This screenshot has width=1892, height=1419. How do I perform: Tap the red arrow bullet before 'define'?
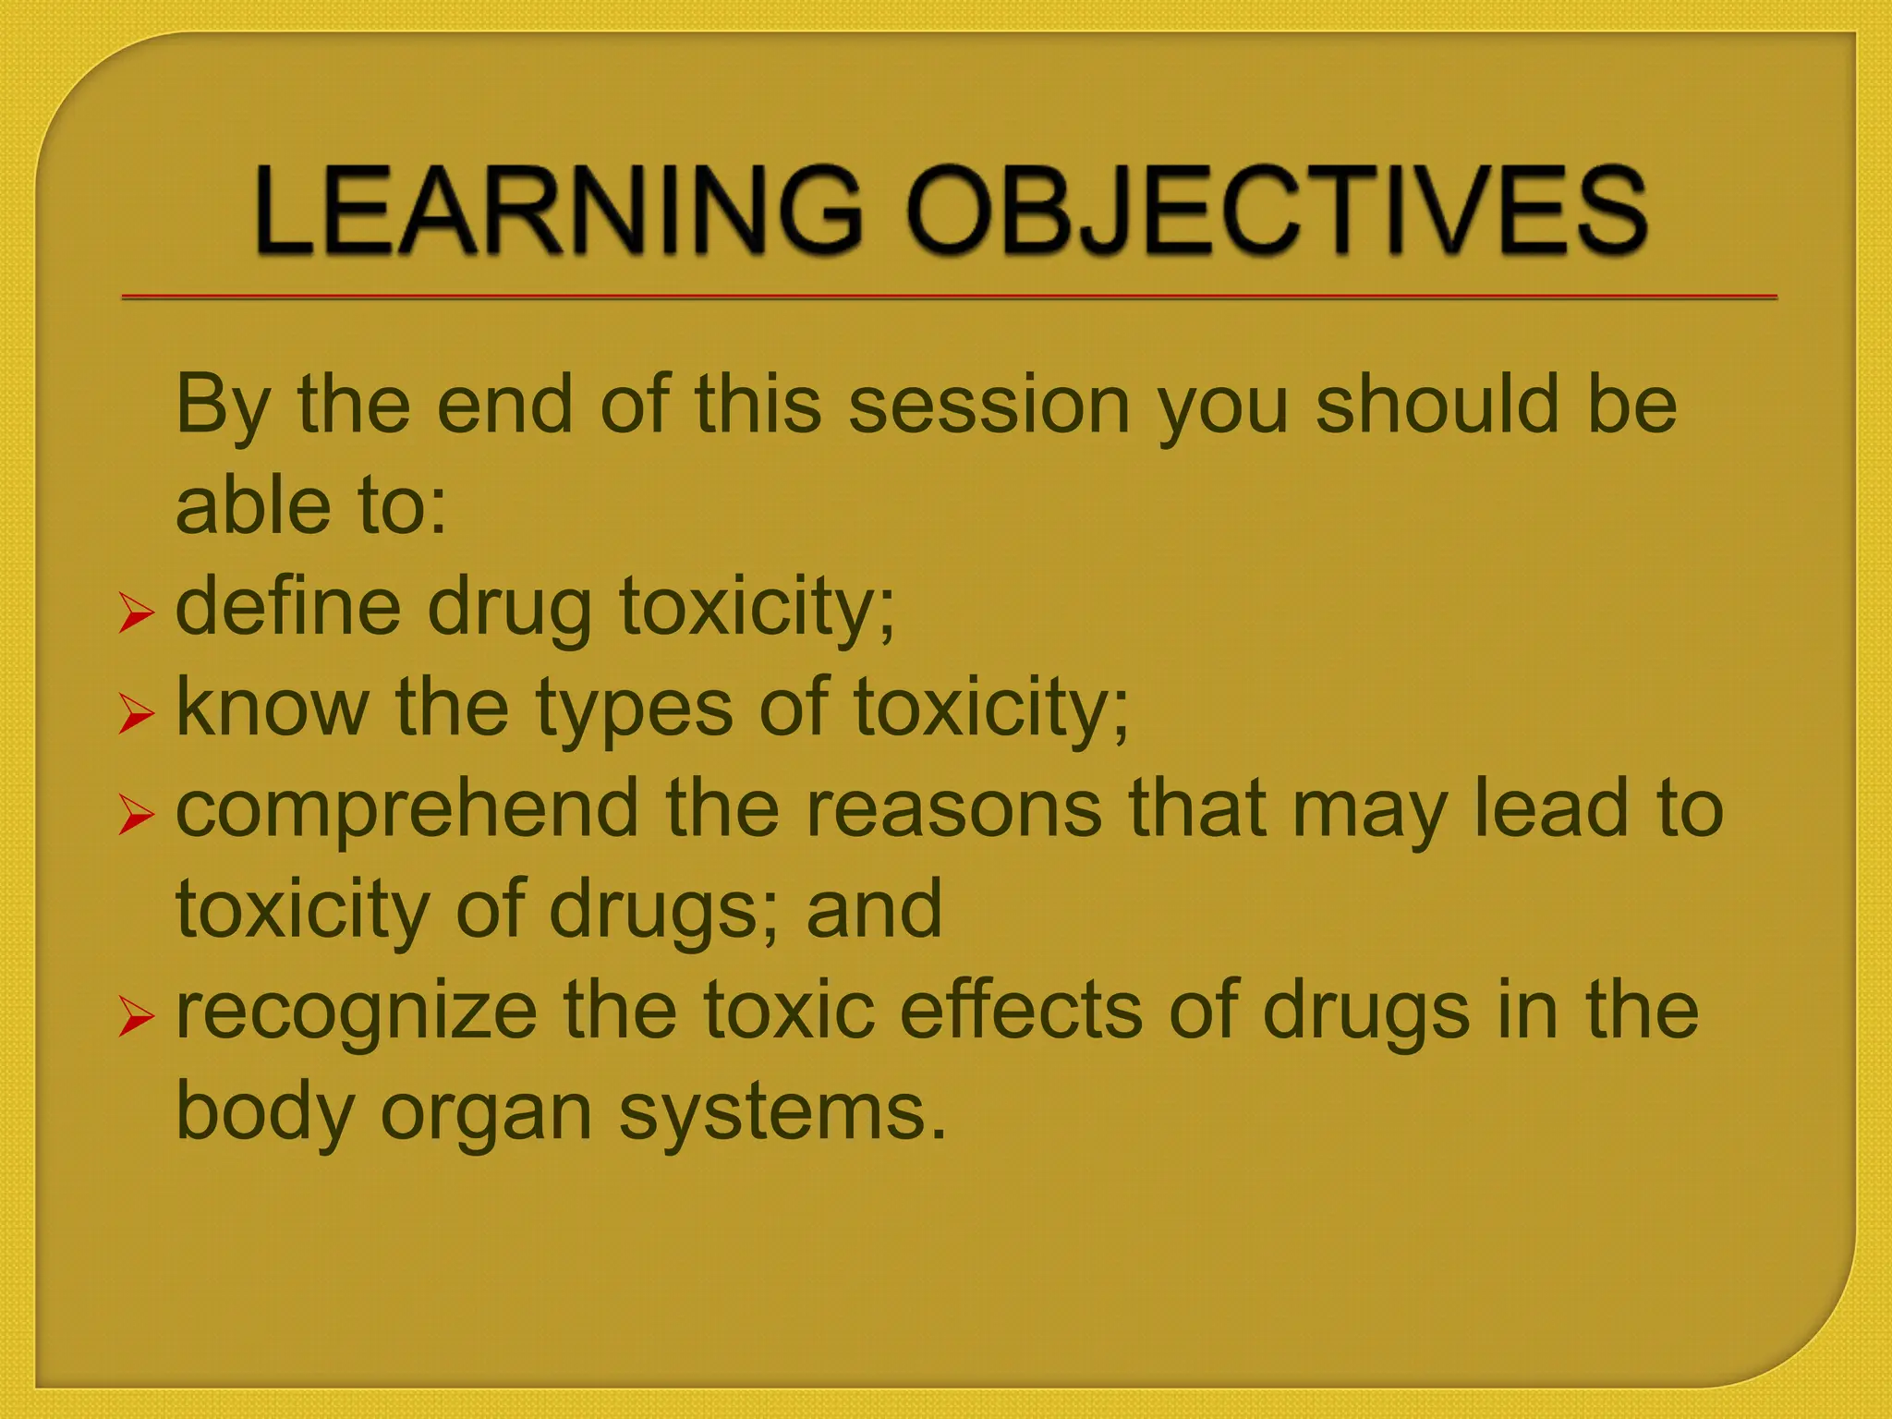(136, 614)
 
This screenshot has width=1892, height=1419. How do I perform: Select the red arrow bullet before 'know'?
(136, 715)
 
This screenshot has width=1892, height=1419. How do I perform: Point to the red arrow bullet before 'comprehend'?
(136, 816)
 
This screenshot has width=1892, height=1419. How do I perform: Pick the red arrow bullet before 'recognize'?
(136, 1018)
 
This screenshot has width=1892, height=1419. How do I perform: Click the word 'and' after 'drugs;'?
(874, 909)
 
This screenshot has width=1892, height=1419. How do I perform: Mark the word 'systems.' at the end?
(782, 1113)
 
